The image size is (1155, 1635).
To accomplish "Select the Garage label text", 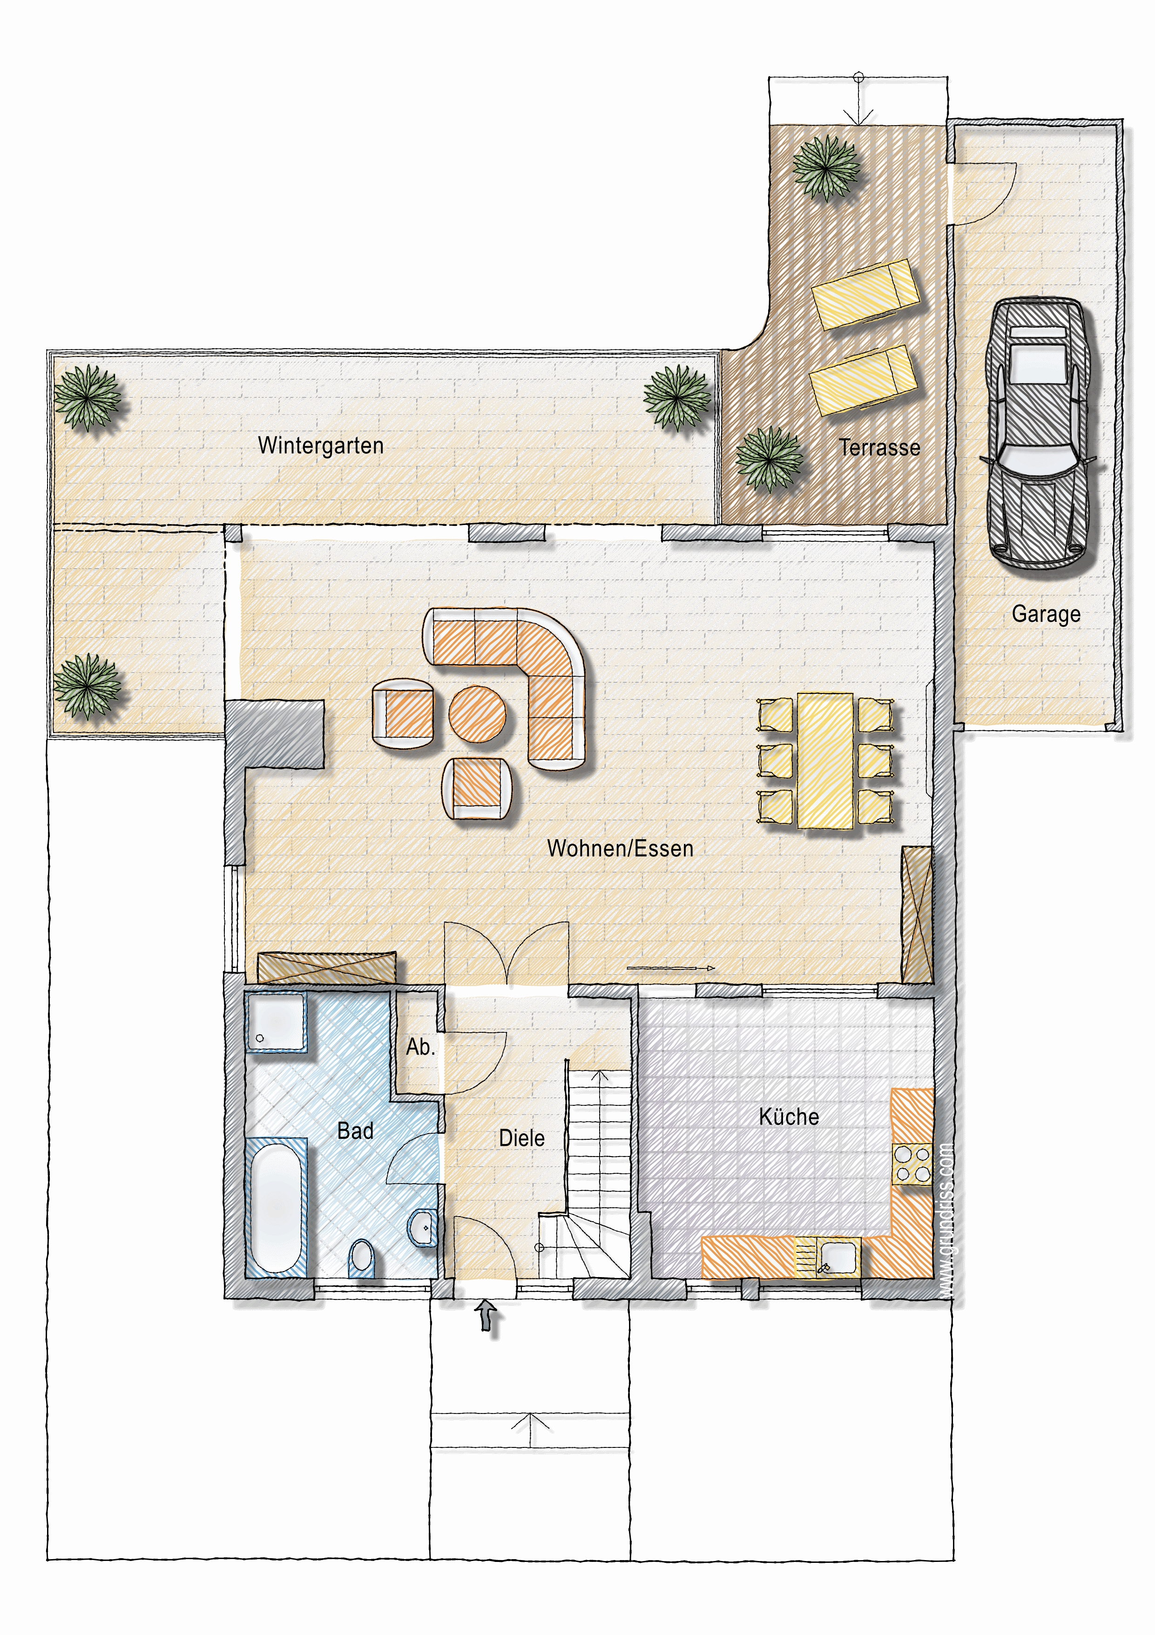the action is pyautogui.click(x=1046, y=614).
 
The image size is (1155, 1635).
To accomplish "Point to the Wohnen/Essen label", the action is pyautogui.click(x=620, y=848).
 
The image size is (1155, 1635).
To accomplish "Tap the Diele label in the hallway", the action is pyautogui.click(x=522, y=1138).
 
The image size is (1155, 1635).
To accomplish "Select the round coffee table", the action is pyautogui.click(x=477, y=713).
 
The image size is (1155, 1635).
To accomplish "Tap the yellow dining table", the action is pyautogui.click(x=825, y=760).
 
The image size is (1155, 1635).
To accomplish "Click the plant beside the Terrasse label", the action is pyautogui.click(x=769, y=459).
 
